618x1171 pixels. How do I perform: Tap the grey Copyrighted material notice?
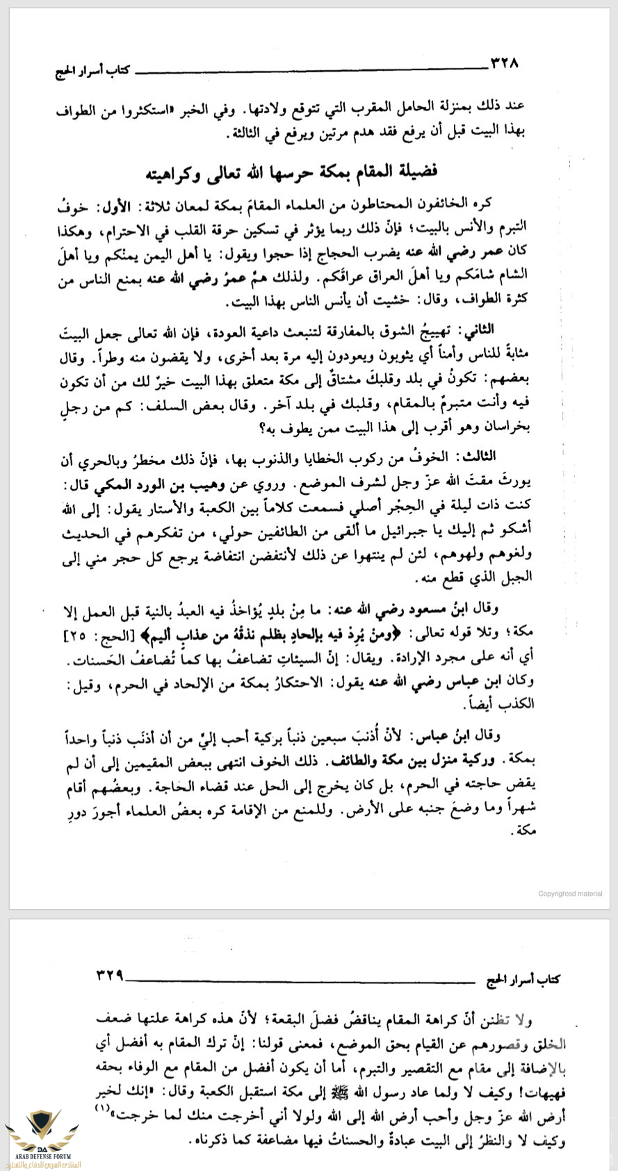[569, 893]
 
